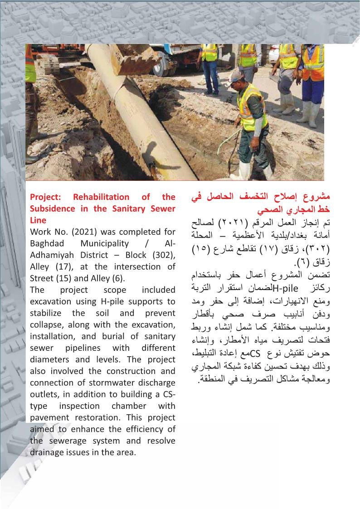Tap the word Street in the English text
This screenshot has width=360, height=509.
[x=42, y=278]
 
